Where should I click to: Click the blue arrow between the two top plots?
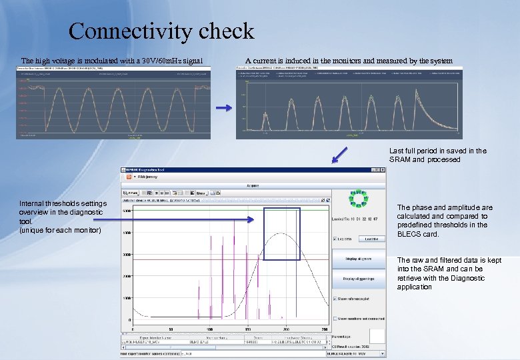[225, 107]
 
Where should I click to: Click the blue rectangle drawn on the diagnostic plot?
[281, 233]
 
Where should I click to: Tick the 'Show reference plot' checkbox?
[335, 299]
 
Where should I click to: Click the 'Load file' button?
[371, 239]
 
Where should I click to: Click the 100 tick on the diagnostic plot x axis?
[209, 329]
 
